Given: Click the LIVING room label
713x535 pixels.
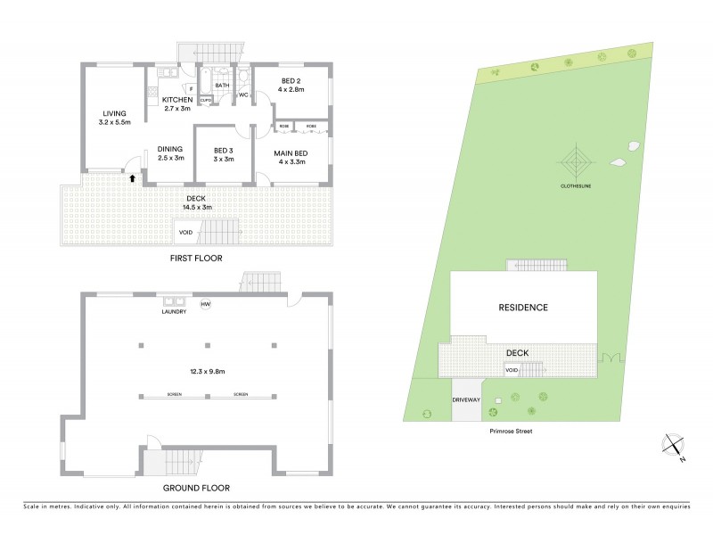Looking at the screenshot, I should pyautogui.click(x=113, y=113).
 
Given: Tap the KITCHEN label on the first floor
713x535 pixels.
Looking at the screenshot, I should pyautogui.click(x=171, y=100).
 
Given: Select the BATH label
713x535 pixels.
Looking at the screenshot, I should pyautogui.click(x=222, y=86).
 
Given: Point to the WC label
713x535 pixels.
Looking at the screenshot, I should pyautogui.click(x=242, y=94).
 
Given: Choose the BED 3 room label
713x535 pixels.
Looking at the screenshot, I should pyautogui.click(x=224, y=150).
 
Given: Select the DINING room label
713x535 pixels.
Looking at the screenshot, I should pyautogui.click(x=170, y=149).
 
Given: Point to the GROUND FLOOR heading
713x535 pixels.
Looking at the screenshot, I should pyautogui.click(x=196, y=488).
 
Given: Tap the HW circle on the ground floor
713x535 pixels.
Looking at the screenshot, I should pyautogui.click(x=205, y=304).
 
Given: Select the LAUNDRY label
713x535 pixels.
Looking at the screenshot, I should pyautogui.click(x=174, y=312).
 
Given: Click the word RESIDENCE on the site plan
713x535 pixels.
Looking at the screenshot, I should pyautogui.click(x=522, y=308).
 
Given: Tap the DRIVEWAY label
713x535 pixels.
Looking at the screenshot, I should pyautogui.click(x=466, y=400).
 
